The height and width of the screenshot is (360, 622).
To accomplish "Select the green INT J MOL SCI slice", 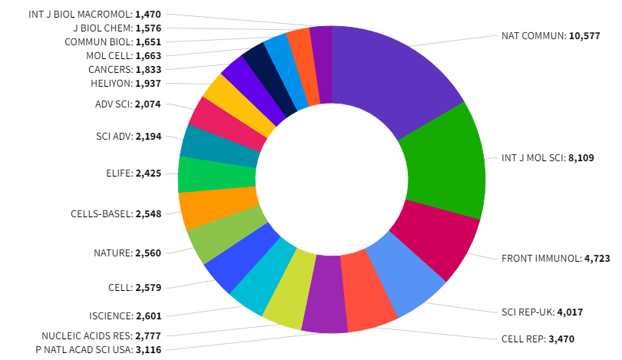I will (x=445, y=165).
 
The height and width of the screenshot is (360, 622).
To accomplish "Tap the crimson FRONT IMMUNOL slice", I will (x=435, y=237).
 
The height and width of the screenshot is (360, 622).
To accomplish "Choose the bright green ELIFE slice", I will (x=217, y=174).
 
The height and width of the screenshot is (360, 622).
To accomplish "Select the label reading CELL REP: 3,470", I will (x=539, y=339).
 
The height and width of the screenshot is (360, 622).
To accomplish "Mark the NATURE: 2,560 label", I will (x=127, y=253).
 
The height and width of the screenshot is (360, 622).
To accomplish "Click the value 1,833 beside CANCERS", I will (x=147, y=69).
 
